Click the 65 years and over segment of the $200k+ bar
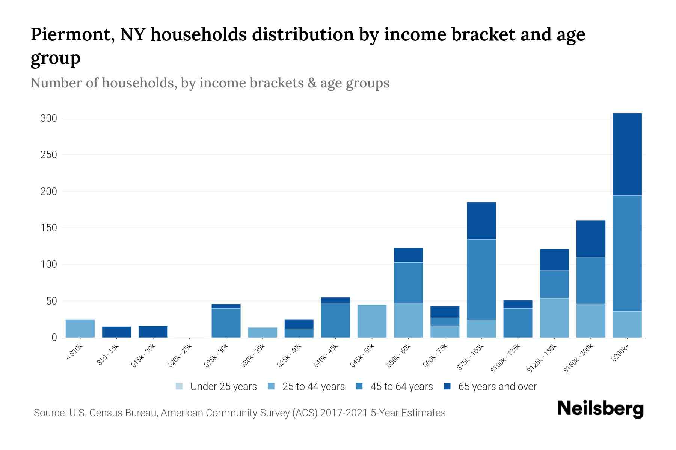click(x=627, y=154)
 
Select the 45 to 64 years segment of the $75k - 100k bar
click(x=481, y=279)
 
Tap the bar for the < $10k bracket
click(x=80, y=328)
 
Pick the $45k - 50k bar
click(x=372, y=321)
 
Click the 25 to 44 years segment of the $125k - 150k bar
click(x=554, y=318)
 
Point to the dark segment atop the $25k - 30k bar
click(x=226, y=306)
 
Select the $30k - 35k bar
click(x=263, y=332)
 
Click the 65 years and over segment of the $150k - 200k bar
click(x=590, y=238)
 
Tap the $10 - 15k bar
click(x=116, y=332)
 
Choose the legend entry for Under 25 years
click(x=216, y=386)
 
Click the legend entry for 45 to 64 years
click(x=394, y=386)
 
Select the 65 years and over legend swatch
click(x=447, y=386)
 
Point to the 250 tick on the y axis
click(x=48, y=155)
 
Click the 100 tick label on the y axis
click(x=48, y=265)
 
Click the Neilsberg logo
click(x=600, y=409)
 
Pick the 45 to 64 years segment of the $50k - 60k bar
click(x=408, y=282)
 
